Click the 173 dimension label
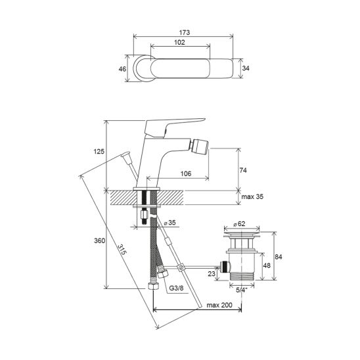pos(185,33)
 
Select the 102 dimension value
pos(179,42)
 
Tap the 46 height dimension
pos(122,68)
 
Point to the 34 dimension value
pos(246,68)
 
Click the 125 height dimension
pos(99,152)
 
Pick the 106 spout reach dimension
pos(186,173)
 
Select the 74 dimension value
pos(243,170)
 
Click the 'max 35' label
pos(252,196)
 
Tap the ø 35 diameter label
pos(169,223)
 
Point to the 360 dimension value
pos(100,240)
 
